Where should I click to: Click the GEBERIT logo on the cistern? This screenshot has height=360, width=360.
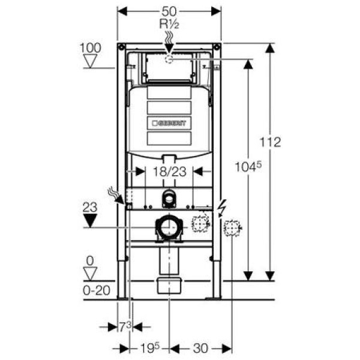[170, 123]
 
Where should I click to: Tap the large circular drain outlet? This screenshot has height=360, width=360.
[170, 228]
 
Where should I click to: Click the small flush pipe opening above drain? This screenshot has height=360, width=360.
[170, 197]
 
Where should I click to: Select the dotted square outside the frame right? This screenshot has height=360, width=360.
[232, 228]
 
